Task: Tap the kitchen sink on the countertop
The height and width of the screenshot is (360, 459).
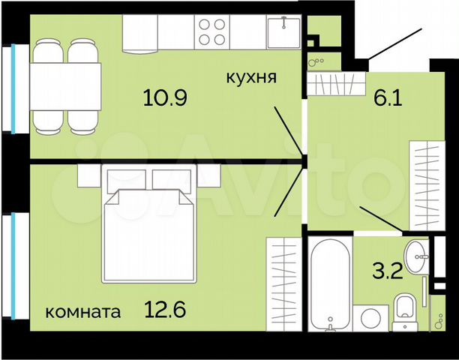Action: pos(283,32)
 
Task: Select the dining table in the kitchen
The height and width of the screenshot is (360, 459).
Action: pos(66,87)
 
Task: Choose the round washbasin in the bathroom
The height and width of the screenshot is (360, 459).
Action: pos(415,251)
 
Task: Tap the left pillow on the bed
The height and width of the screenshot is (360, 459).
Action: pos(126,181)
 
